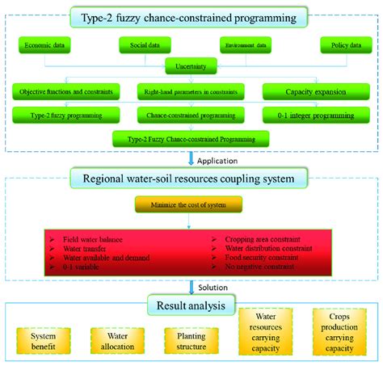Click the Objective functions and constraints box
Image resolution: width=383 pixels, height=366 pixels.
tap(66, 92)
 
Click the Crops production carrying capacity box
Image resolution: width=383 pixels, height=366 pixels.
tap(336, 332)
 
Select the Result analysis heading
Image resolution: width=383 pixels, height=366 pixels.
tap(191, 305)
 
